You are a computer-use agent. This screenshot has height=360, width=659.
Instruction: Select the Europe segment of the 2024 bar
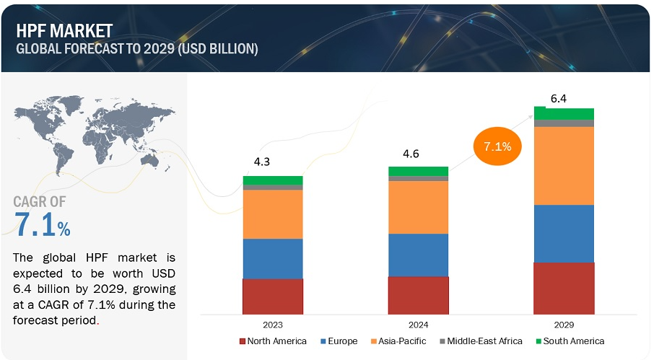pyautogui.click(x=418, y=255)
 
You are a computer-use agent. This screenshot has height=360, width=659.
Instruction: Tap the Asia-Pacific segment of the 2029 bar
pyautogui.click(x=564, y=165)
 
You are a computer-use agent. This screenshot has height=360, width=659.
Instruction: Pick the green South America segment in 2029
pyautogui.click(x=564, y=113)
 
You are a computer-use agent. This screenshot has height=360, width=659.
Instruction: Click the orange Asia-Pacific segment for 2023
pyautogui.click(x=273, y=214)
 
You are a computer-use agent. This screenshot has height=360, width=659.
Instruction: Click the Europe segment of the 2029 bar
pyautogui.click(x=564, y=233)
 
